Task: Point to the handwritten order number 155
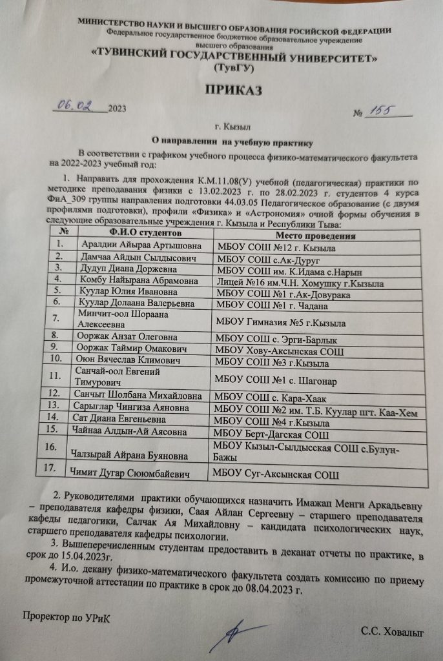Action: pos(380,112)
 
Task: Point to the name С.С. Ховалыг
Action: pos(393,635)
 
